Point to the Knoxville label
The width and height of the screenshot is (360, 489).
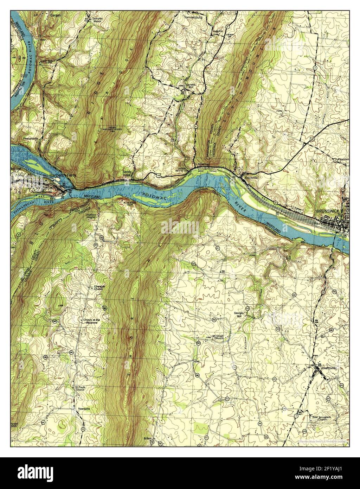click(252, 178)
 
